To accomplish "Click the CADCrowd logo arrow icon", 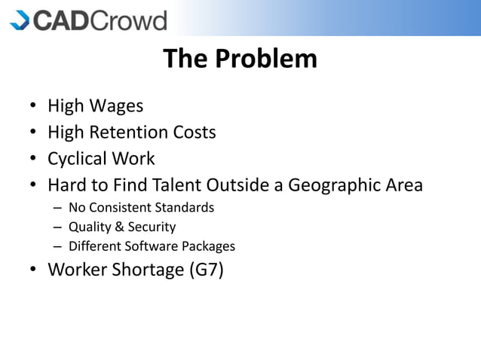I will (x=20, y=19).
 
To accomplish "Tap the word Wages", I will (x=118, y=106).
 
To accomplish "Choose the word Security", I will (x=149, y=227).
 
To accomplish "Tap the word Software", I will (x=150, y=246).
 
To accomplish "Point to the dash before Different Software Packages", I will (x=57, y=246).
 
